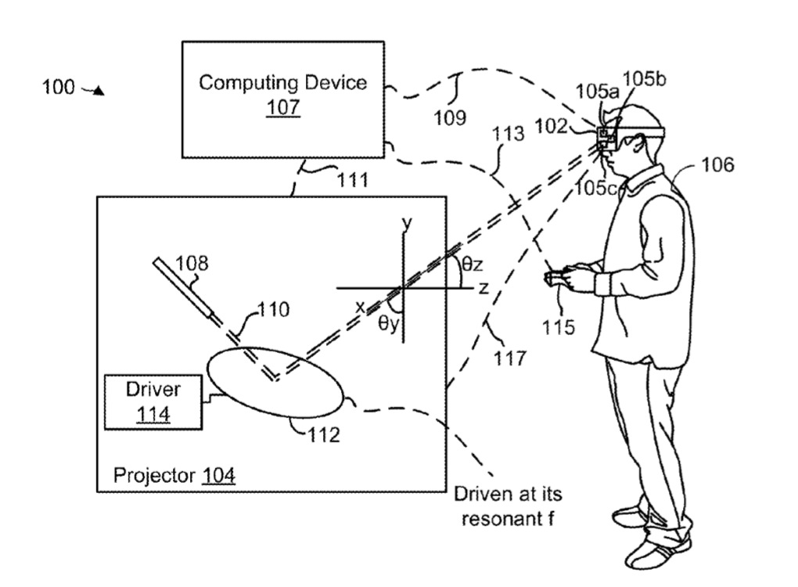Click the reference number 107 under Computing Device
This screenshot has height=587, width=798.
(x=282, y=107)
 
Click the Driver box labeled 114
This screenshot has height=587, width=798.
(x=153, y=402)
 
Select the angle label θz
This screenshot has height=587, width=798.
(x=472, y=264)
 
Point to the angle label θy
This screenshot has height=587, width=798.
(x=390, y=322)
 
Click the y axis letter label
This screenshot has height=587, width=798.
(x=407, y=223)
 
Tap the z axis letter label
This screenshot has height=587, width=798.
(x=483, y=288)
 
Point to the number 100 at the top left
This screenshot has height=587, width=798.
(x=59, y=87)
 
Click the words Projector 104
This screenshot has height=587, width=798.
(x=174, y=475)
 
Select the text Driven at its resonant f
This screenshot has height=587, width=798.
(x=508, y=506)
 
